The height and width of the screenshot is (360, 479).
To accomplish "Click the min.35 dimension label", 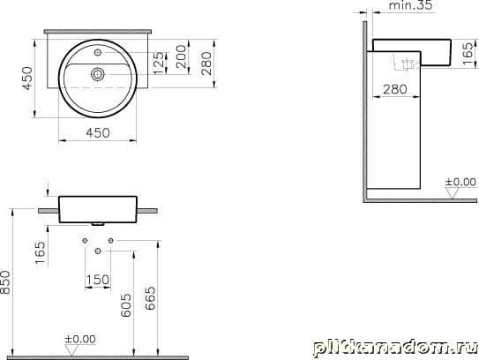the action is (411, 5).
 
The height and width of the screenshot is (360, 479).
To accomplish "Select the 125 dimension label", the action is (159, 64).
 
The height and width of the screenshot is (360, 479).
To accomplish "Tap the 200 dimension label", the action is (181, 56).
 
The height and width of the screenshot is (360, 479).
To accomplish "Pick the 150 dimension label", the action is (98, 280).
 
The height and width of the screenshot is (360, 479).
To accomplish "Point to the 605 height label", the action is (126, 305).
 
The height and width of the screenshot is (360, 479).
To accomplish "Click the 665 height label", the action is (150, 298).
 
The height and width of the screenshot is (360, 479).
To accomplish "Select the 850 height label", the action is (5, 282).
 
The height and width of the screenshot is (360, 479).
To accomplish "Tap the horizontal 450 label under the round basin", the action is (98, 133).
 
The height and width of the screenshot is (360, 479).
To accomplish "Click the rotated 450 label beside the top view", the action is (27, 79).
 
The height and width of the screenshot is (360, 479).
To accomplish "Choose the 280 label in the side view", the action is (395, 89).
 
